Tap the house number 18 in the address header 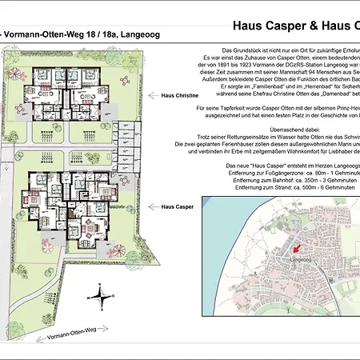pos(79,34)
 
